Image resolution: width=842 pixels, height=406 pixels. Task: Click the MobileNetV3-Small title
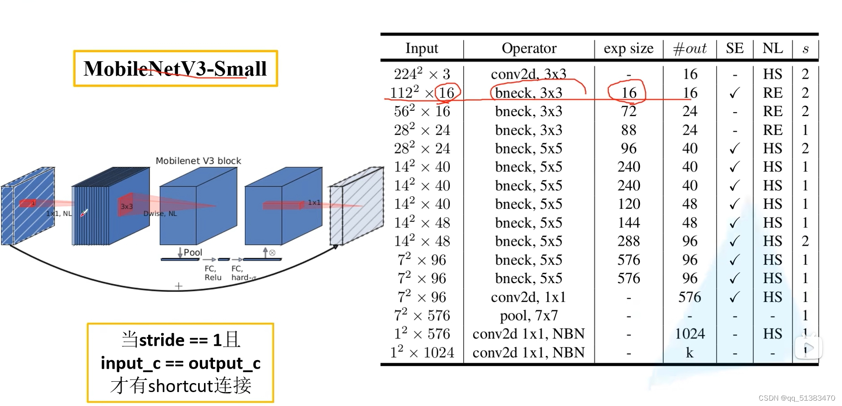175,69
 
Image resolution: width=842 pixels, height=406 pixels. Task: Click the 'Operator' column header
529,48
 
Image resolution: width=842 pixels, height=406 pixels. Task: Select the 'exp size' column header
629,48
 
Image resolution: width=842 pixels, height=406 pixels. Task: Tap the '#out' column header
689,48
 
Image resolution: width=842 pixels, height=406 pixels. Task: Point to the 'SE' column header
735,48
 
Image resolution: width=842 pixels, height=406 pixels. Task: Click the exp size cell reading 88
629,130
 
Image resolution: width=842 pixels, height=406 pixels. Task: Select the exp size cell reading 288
629,241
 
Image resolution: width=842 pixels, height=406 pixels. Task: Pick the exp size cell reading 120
629,204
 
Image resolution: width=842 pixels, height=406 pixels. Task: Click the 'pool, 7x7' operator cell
529,316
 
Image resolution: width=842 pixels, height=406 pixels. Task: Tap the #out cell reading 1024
690,334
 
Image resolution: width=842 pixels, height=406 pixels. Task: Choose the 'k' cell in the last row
690,352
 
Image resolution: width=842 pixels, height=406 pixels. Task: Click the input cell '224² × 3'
421,74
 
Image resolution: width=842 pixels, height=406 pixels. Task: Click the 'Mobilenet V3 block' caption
198,161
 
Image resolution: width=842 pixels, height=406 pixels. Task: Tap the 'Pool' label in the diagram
193,253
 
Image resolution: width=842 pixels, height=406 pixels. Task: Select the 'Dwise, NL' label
160,213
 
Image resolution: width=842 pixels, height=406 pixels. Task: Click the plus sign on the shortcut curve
179,286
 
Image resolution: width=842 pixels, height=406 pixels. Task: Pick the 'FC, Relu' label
213,273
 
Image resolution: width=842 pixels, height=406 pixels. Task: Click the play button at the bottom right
809,348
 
